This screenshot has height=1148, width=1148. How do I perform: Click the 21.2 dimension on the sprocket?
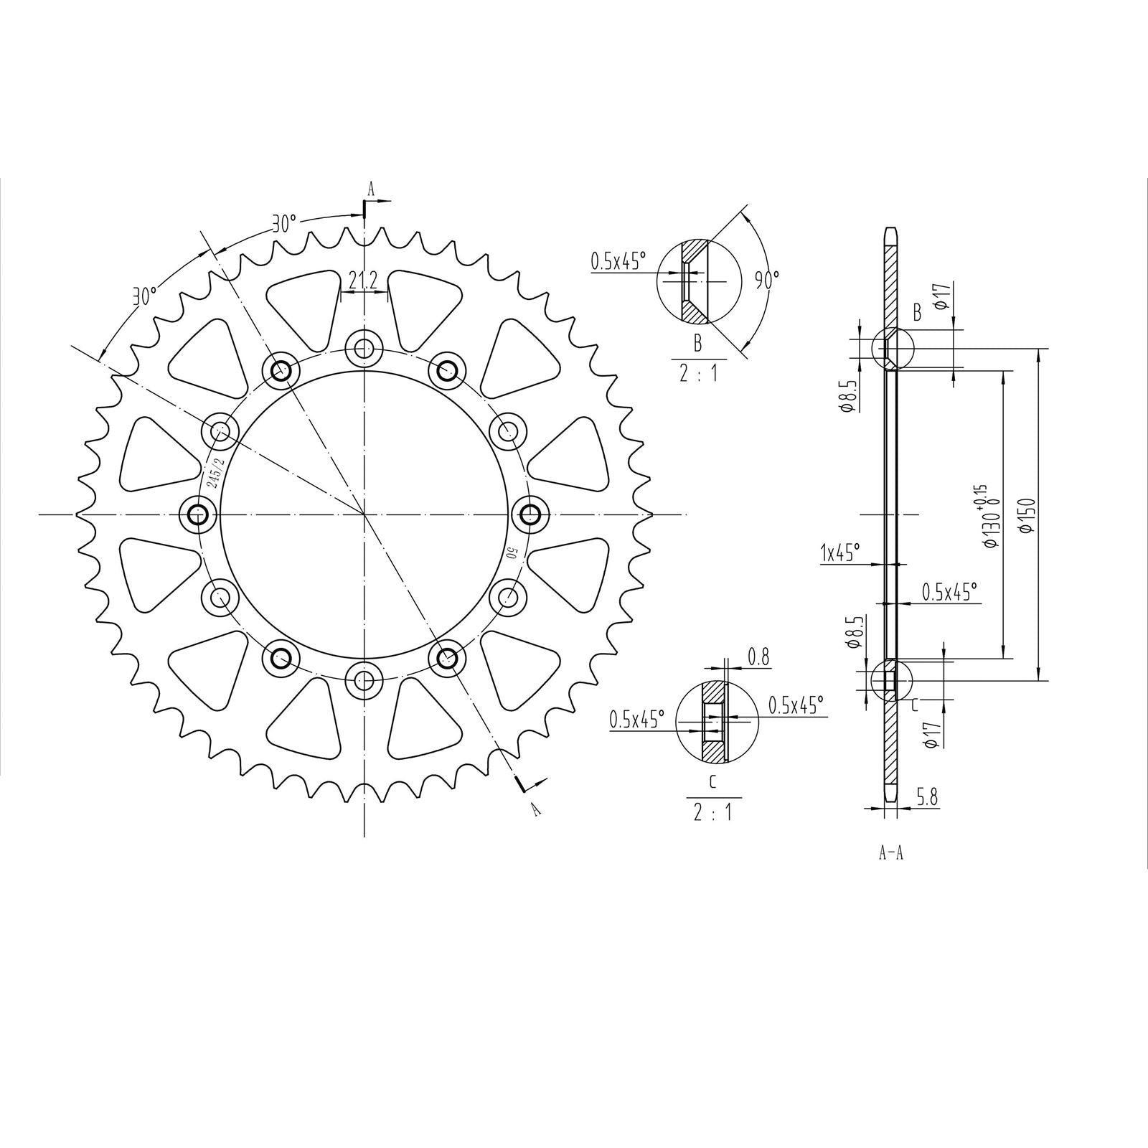[x=362, y=281]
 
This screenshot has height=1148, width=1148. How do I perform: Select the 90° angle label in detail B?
[x=767, y=280]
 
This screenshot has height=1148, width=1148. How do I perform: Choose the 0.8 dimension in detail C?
[x=758, y=655]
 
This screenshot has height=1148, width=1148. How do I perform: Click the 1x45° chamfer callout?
[x=839, y=552]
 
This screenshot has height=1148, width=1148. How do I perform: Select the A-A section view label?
[x=890, y=853]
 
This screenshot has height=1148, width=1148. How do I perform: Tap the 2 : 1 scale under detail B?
[x=698, y=374]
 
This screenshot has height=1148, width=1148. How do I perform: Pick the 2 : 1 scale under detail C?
[x=712, y=813]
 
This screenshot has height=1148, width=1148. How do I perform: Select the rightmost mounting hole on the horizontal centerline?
[x=530, y=514]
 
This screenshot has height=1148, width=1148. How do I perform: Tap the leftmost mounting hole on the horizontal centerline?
[x=198, y=514]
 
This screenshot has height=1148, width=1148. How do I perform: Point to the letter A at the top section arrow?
[x=371, y=189]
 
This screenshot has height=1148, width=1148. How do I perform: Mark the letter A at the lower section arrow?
[x=534, y=810]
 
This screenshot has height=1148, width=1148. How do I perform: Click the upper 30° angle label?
[x=284, y=224]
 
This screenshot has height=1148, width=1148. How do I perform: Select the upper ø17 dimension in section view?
[x=943, y=296]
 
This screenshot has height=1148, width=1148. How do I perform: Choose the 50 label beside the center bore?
[x=512, y=553]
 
